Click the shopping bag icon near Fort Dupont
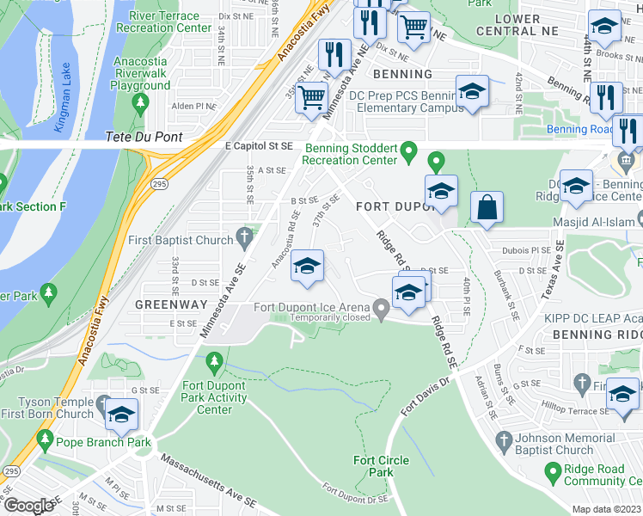tap(487, 208)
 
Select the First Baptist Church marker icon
tap(245, 234)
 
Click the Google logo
tap(29, 506)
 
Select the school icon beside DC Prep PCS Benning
tap(472, 93)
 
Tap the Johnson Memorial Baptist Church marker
tap(505, 441)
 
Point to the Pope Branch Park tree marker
tap(45, 443)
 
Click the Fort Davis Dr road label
tap(422, 396)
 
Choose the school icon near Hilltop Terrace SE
tap(622, 394)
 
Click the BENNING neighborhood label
tap(403, 75)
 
